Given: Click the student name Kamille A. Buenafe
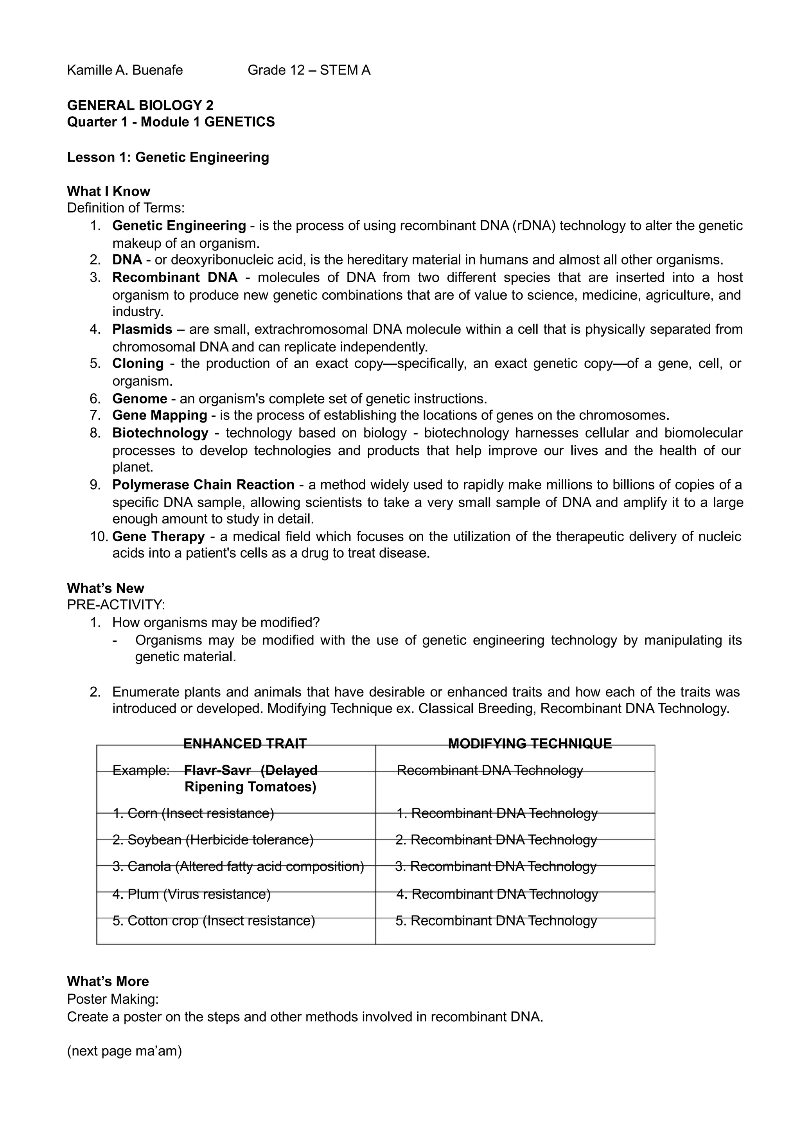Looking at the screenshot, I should click(125, 70).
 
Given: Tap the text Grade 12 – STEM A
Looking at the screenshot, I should click(309, 70).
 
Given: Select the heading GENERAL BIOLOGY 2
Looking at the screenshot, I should click(140, 105).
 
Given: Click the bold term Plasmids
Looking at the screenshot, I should click(142, 329).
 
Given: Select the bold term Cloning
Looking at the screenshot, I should click(138, 364).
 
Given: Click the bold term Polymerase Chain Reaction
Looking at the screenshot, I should click(203, 484).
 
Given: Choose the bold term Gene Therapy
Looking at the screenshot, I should click(158, 536).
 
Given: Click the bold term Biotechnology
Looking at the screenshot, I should click(160, 433).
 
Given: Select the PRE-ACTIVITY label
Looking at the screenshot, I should click(116, 605).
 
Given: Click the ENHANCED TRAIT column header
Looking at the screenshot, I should click(245, 743).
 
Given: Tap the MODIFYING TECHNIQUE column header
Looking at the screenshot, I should click(530, 743).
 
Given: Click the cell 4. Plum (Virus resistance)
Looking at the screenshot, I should click(192, 894).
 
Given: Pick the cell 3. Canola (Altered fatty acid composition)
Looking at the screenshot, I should click(238, 866).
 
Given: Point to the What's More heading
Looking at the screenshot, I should click(108, 981).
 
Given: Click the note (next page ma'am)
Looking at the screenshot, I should click(124, 1051).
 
